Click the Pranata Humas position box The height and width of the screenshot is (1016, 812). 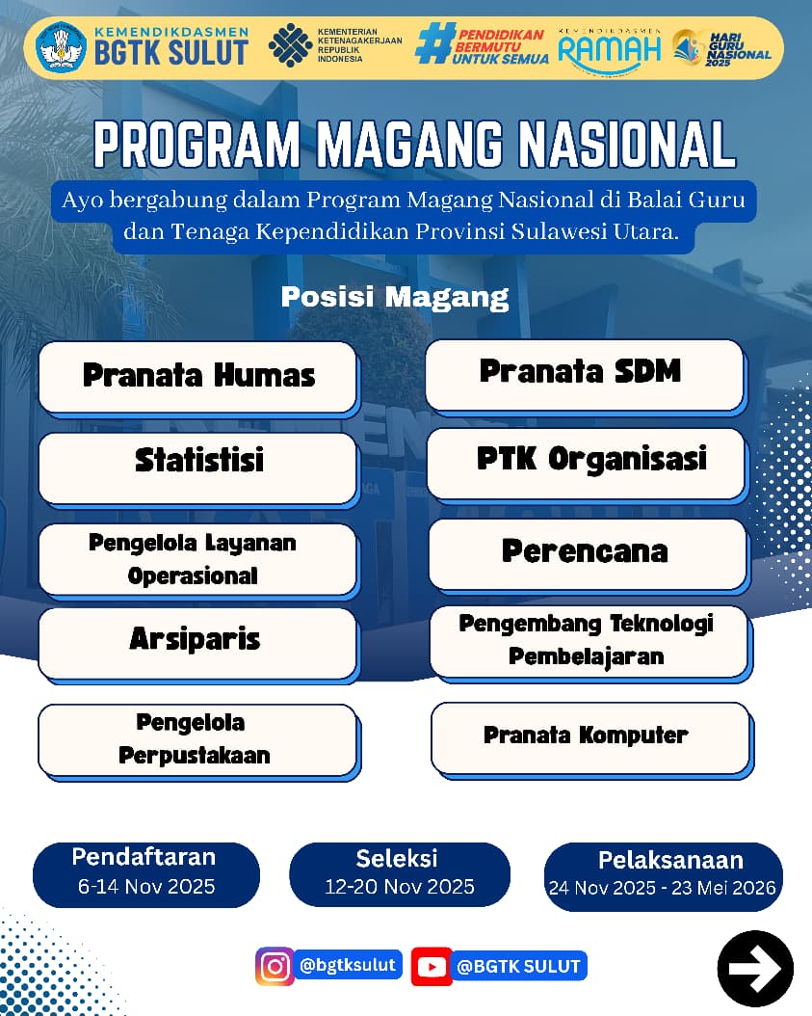[x=198, y=377]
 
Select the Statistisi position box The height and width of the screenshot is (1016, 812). [x=198, y=468]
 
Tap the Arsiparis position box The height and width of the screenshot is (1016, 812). [x=198, y=643]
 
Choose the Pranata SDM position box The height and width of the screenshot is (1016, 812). [x=585, y=375]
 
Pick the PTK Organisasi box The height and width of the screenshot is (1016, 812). [x=587, y=464]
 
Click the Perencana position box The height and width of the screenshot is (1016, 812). [x=589, y=554]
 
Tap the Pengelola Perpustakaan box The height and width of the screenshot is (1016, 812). [x=198, y=740]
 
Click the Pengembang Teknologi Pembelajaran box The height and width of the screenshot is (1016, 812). [x=589, y=642]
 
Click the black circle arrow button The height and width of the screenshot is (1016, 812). [x=755, y=969]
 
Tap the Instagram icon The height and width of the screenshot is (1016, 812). [x=275, y=966]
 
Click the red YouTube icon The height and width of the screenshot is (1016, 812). [x=432, y=967]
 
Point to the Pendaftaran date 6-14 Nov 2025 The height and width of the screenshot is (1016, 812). [x=147, y=887]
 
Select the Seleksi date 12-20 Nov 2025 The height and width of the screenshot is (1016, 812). [x=400, y=887]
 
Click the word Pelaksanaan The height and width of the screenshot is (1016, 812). [x=670, y=860]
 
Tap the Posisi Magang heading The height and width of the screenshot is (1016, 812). [x=395, y=297]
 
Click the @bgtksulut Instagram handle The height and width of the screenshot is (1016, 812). [x=349, y=965]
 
